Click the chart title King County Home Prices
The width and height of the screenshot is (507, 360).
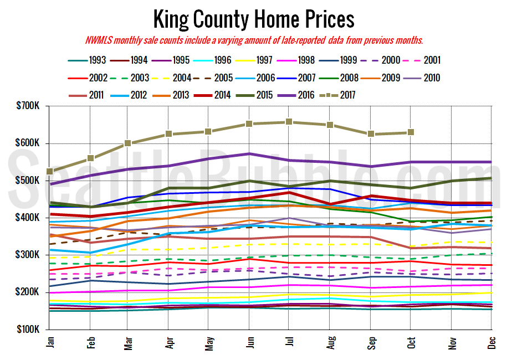[x=253, y=19]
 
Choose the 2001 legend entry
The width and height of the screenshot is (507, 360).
[x=431, y=60]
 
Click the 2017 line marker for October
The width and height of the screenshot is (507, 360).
[x=411, y=132]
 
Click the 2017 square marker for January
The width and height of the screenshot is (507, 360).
[x=50, y=172]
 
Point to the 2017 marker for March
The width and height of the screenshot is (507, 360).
[x=128, y=143]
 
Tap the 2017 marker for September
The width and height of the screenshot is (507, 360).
[x=370, y=134]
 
